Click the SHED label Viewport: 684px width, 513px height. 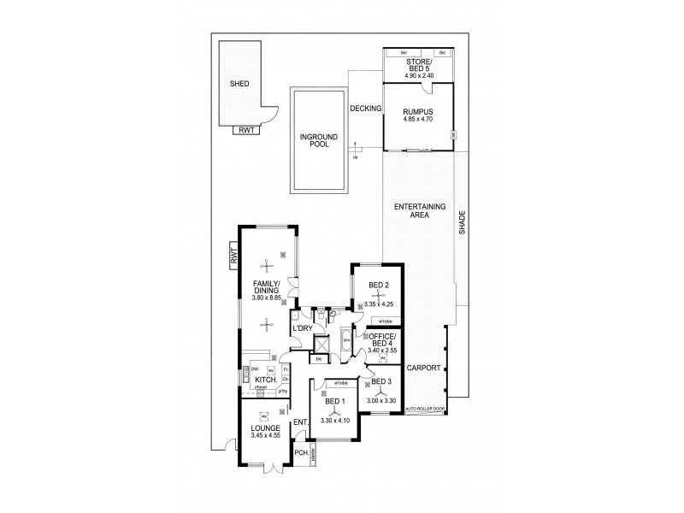pyautogui.click(x=239, y=85)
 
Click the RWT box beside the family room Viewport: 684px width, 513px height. pyautogui.click(x=231, y=254)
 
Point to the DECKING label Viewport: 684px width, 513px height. pyautogui.click(x=365, y=108)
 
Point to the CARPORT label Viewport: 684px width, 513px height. pyautogui.click(x=425, y=368)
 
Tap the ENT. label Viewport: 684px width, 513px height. pyautogui.click(x=300, y=422)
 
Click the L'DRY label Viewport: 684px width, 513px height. pyautogui.click(x=301, y=328)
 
